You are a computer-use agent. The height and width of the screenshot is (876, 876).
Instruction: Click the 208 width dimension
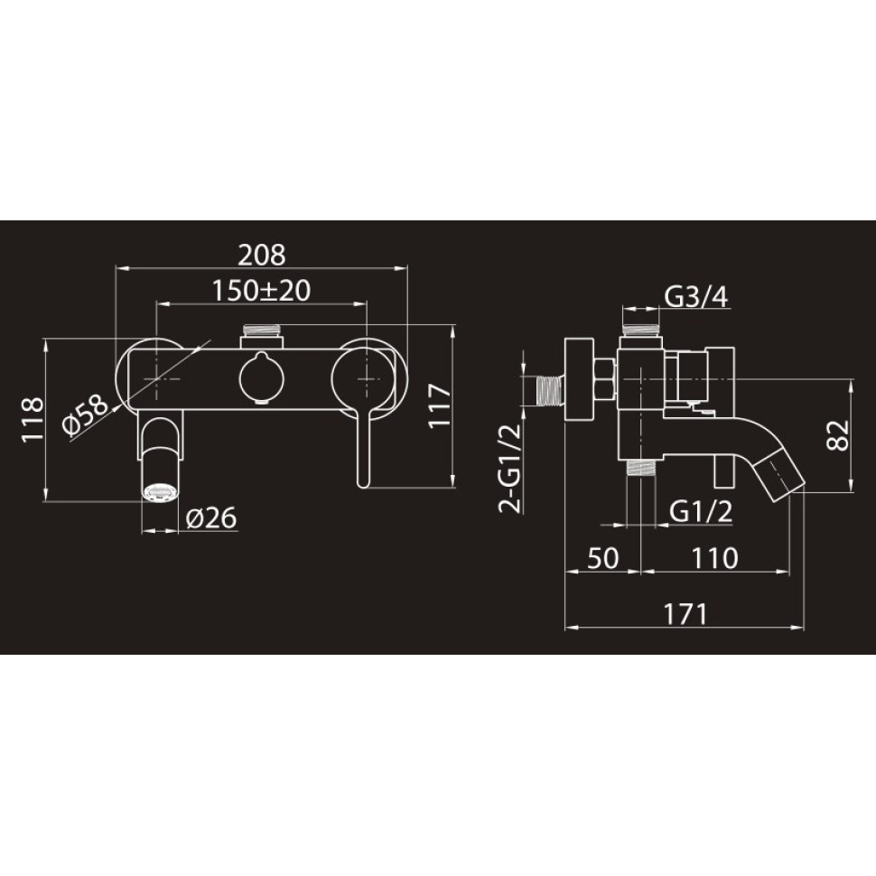pos(262,255)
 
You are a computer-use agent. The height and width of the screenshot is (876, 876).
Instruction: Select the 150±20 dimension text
pos(262,291)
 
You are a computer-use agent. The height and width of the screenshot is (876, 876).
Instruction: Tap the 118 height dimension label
pos(33,420)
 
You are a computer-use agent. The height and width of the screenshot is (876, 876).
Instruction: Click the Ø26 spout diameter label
pos(211,517)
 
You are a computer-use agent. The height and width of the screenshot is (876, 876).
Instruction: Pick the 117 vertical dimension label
pos(440,405)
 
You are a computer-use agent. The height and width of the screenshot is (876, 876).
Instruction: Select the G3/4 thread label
pos(696,296)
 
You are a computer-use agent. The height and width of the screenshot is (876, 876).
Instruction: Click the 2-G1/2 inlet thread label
pos(510,468)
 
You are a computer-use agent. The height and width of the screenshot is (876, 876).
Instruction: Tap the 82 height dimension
pos(837,434)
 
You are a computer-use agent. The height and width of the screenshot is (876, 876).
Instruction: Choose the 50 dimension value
pos(603,558)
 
